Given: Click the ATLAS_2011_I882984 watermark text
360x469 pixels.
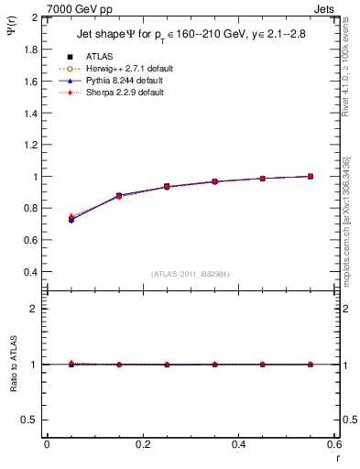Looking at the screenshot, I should pos(190,274).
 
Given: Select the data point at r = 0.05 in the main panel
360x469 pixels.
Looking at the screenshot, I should pos(71,220).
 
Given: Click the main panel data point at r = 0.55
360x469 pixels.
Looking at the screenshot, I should pos(311,176).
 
